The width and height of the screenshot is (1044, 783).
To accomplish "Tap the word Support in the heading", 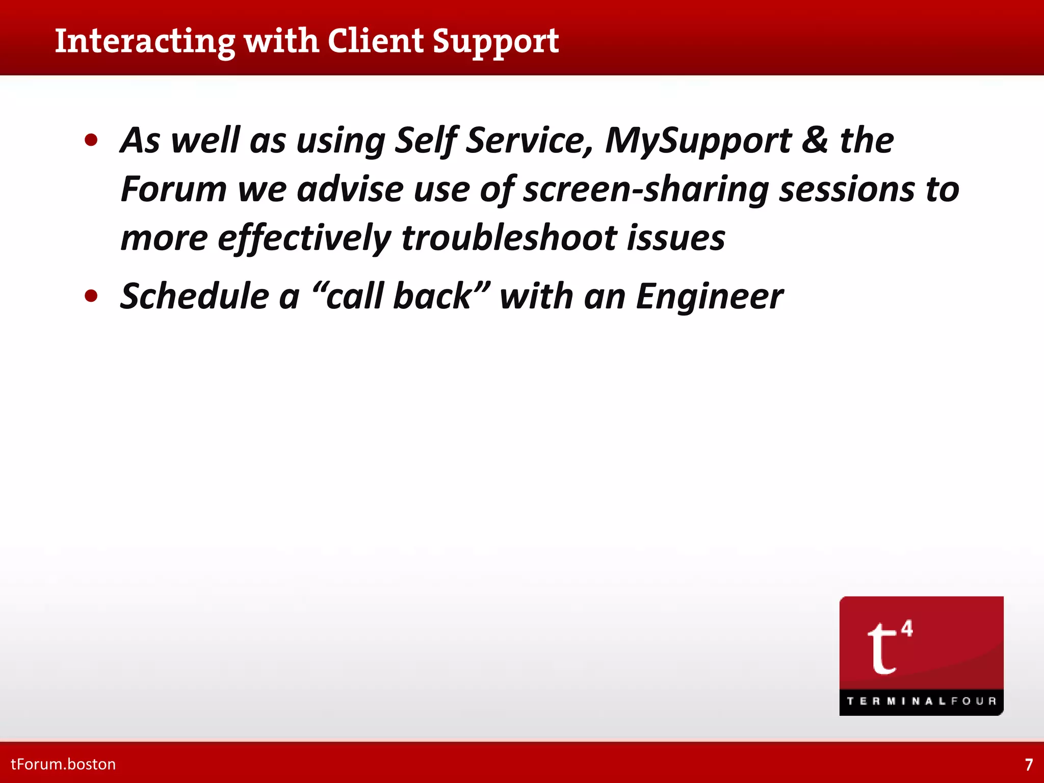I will pyautogui.click(x=495, y=42).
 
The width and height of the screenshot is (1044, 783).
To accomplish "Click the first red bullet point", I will pyautogui.click(x=91, y=140).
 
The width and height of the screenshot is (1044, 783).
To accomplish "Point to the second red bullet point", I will pyautogui.click(x=91, y=296).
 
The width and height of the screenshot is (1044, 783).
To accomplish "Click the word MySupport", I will pyautogui.click(x=698, y=140).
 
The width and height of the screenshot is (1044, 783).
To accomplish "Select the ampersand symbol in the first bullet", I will pyautogui.click(x=815, y=140).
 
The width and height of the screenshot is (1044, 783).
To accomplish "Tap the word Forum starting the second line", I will pyautogui.click(x=173, y=189).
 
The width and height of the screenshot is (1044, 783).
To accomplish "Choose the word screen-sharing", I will pyautogui.click(x=646, y=189).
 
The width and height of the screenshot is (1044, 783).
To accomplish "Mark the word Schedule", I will pyautogui.click(x=194, y=296).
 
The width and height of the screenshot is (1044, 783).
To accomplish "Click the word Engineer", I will pyautogui.click(x=709, y=296).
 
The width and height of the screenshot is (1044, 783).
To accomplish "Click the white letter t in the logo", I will pyautogui.click(x=881, y=648).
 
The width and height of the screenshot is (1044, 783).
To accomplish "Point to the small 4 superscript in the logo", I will pyautogui.click(x=907, y=628).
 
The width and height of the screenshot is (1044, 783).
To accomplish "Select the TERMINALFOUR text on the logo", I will pyautogui.click(x=921, y=701).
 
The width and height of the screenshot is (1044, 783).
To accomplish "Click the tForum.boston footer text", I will pyautogui.click(x=63, y=764).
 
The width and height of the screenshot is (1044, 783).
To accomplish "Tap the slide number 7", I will pyautogui.click(x=1029, y=765).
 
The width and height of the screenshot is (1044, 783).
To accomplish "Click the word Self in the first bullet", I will pyautogui.click(x=425, y=140).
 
